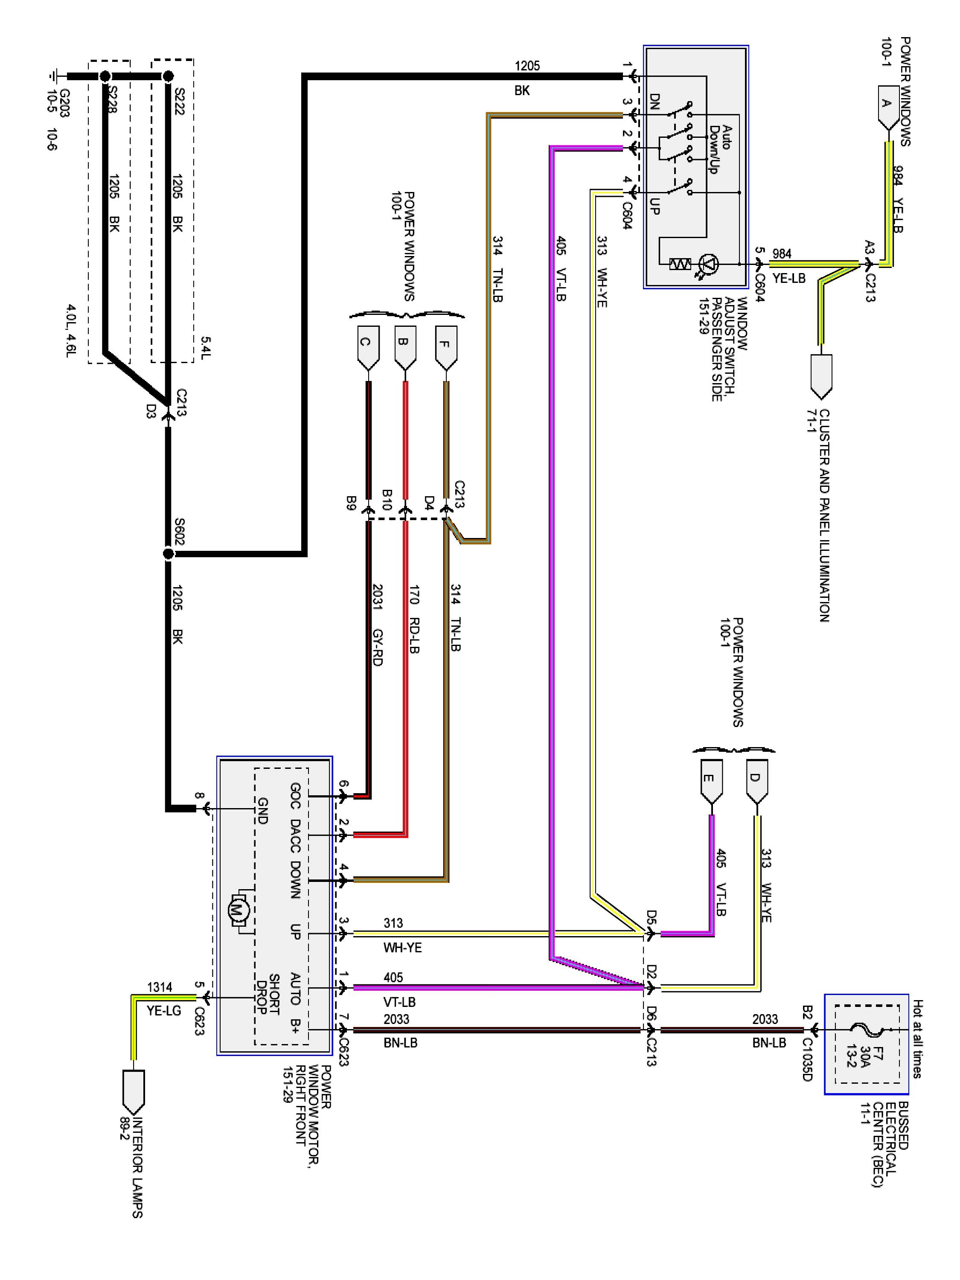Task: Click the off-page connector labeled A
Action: pyautogui.click(x=887, y=106)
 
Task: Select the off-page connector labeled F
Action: pyautogui.click(x=445, y=346)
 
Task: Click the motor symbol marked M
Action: pyautogui.click(x=239, y=910)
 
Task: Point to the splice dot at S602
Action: pyautogui.click(x=169, y=554)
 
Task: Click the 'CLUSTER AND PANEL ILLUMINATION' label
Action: pyautogui.click(x=825, y=515)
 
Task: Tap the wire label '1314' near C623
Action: pyautogui.click(x=160, y=987)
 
